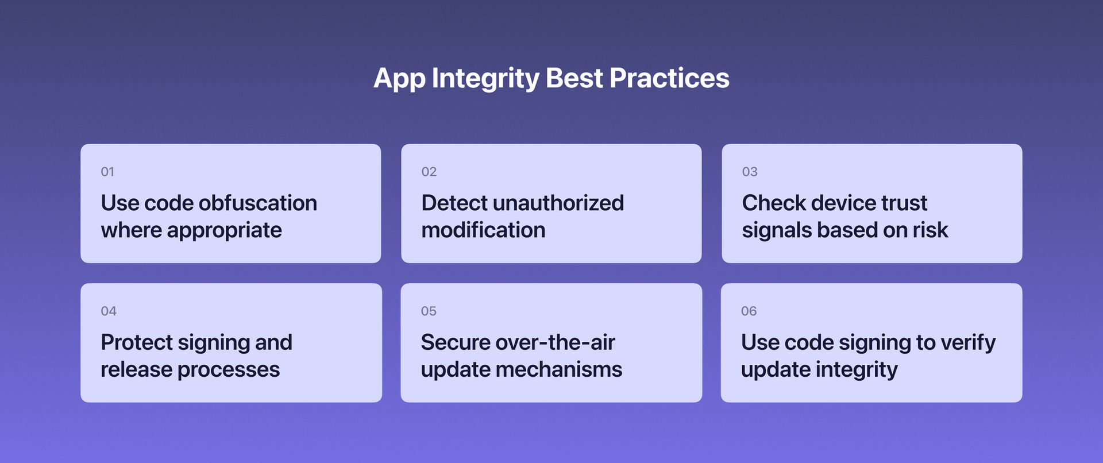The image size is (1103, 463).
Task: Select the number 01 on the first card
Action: (x=107, y=172)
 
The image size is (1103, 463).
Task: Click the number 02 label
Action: (x=429, y=172)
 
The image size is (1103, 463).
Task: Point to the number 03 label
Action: (x=749, y=172)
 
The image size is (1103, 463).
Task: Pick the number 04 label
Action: (x=109, y=311)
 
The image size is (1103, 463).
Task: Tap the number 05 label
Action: (x=429, y=311)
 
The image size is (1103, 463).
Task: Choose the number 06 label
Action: (x=749, y=311)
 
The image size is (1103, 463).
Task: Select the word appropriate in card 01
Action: (x=224, y=231)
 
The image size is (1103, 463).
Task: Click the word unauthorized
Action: (x=558, y=203)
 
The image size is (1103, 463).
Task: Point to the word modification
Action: (x=483, y=230)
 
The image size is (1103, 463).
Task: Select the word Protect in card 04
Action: (x=136, y=343)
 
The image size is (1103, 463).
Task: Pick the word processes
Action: (x=229, y=370)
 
